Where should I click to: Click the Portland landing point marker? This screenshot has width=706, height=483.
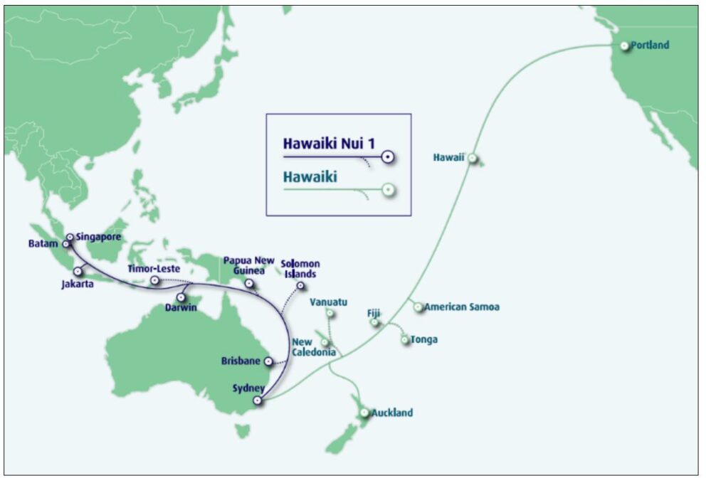tap(624, 46)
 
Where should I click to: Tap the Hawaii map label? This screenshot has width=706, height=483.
tap(448, 157)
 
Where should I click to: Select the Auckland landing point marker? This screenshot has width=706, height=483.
tap(364, 413)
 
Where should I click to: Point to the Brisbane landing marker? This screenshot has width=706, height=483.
tap(268, 361)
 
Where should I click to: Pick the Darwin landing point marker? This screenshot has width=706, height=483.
tap(181, 297)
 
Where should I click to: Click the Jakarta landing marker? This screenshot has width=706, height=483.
tap(78, 272)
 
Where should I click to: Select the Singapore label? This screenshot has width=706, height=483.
tap(98, 236)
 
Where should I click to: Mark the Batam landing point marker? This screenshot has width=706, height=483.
tap(66, 244)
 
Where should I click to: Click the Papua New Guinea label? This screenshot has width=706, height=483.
tap(248, 265)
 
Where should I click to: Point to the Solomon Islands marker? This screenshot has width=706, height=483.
tap(300, 286)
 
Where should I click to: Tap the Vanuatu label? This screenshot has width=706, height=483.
tap(328, 302)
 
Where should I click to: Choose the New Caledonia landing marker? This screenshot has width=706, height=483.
tap(325, 343)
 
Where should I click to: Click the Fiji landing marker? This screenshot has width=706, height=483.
tap(374, 323)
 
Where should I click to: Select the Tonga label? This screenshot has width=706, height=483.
tap(423, 339)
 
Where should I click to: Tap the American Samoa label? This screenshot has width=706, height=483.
tap(462, 307)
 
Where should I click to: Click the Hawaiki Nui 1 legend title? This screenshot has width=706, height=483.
tap(328, 144)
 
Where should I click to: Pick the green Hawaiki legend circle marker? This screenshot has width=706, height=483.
tap(388, 190)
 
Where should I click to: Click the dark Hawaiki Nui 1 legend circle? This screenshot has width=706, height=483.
tap(388, 156)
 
